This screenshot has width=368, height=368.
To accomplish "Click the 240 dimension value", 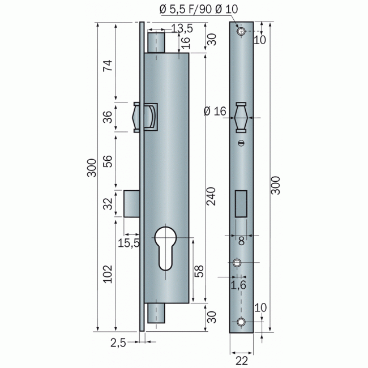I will [x=211, y=192].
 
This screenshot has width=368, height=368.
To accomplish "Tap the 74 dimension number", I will [x=107, y=67].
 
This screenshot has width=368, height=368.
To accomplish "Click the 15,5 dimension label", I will [x=129, y=243].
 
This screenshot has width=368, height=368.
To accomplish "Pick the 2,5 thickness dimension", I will [x=119, y=341].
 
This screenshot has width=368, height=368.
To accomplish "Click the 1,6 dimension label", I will [x=238, y=285].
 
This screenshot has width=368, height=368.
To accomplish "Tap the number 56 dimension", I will [x=107, y=162].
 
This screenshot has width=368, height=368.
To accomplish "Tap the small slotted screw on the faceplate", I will [x=242, y=143].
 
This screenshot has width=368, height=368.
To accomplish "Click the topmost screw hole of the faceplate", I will [x=242, y=31].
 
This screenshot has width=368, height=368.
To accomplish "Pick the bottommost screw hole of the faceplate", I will [x=242, y=322].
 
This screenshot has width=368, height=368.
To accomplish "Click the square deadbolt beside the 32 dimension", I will [x=132, y=203].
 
